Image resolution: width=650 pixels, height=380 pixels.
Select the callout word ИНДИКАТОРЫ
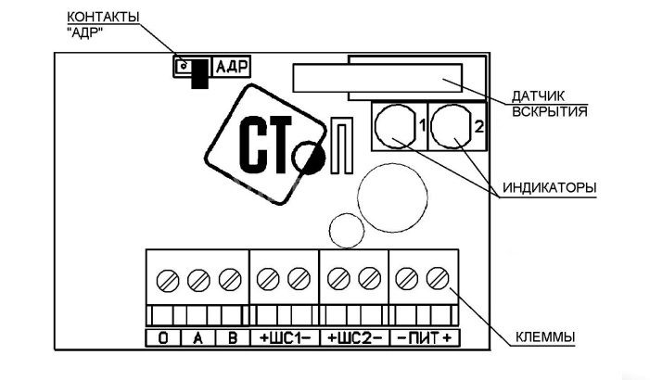click(x=549, y=187)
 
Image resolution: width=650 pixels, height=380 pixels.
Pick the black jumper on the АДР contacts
click(x=198, y=74)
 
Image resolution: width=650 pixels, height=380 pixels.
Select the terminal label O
click(x=162, y=338)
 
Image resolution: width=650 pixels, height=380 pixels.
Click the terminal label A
click(x=198, y=338)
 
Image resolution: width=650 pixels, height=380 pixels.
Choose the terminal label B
click(x=232, y=338)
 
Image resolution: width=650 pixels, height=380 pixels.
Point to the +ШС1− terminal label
click(x=284, y=338)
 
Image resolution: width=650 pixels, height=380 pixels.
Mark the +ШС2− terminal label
click(x=353, y=338)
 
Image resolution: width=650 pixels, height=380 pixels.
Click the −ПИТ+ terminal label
click(x=423, y=338)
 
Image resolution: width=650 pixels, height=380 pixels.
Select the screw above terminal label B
click(x=228, y=277)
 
